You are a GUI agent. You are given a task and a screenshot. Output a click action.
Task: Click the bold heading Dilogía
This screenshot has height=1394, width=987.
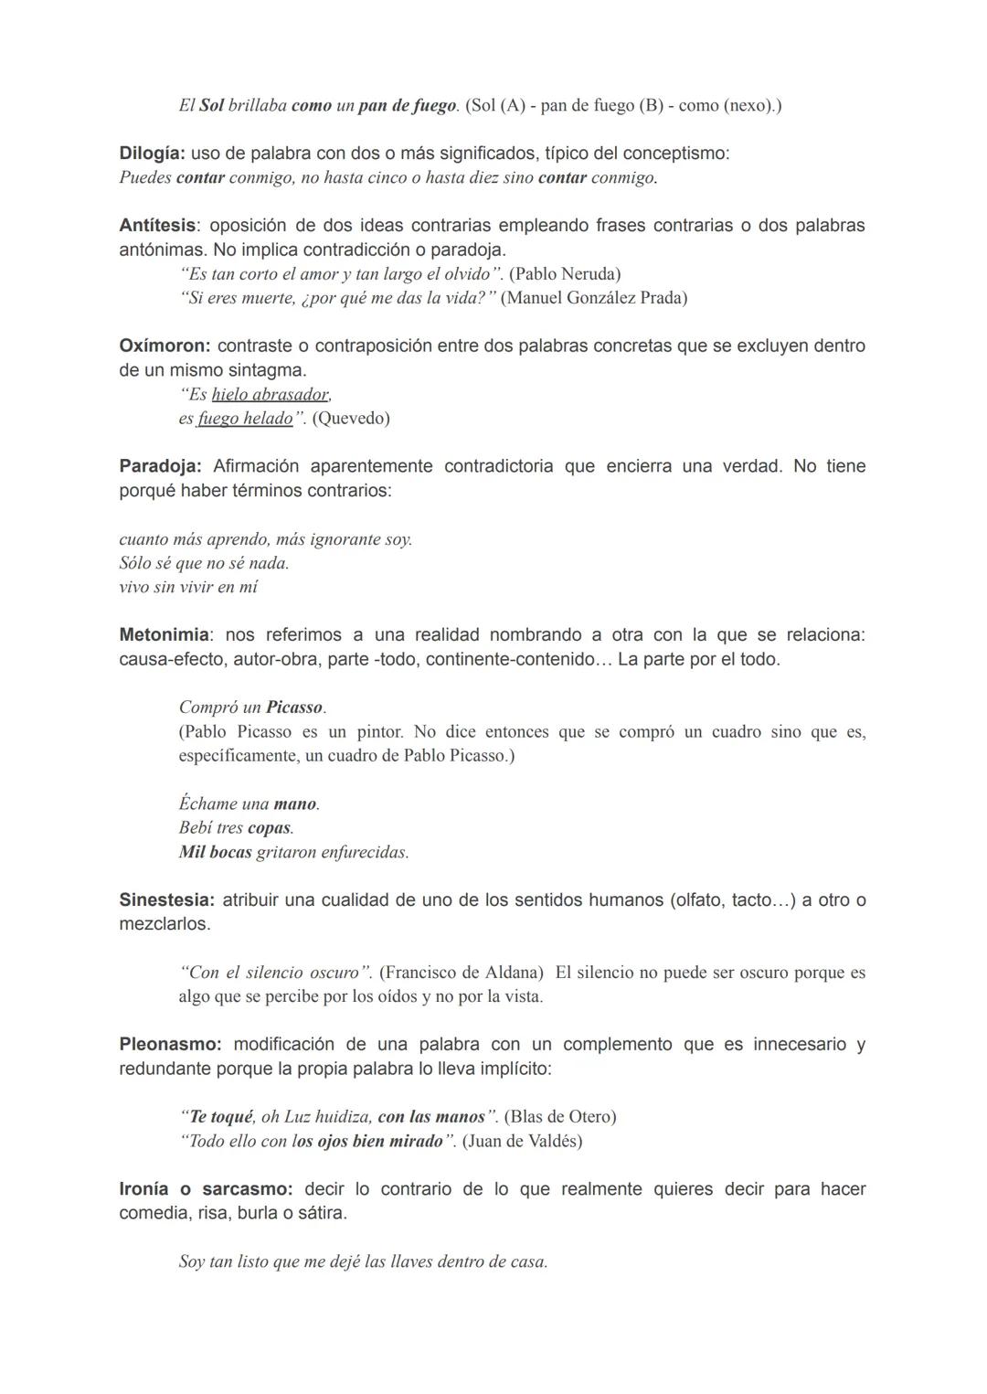pyautogui.click(x=152, y=154)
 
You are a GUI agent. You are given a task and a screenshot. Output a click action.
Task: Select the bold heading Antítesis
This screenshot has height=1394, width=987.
pyautogui.click(x=157, y=225)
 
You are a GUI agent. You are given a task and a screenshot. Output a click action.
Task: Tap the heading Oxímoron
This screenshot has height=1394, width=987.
pyautogui.click(x=164, y=346)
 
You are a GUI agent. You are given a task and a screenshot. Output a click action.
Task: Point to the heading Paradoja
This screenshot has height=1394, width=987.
pyautogui.click(x=160, y=466)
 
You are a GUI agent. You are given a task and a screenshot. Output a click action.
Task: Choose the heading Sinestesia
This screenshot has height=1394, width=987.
pyautogui.click(x=166, y=900)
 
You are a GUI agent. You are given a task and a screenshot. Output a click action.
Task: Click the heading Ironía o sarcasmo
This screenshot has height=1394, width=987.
pyautogui.click(x=206, y=1189)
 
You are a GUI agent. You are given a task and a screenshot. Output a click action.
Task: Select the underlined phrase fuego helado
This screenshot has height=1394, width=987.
pyautogui.click(x=245, y=419)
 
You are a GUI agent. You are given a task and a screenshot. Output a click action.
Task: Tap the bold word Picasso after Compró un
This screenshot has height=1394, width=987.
pyautogui.click(x=294, y=708)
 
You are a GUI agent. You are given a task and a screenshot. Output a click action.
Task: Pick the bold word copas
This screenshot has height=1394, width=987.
pyautogui.click(x=270, y=828)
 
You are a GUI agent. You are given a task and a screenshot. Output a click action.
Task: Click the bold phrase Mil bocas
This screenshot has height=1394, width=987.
pyautogui.click(x=216, y=852)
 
